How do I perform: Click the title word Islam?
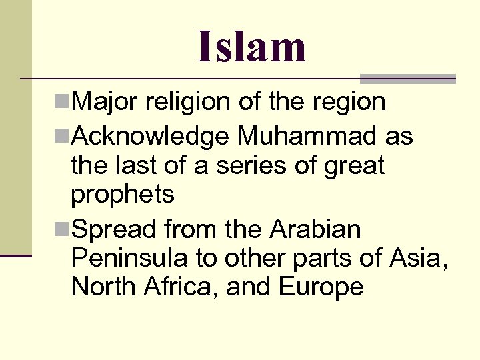[x=251, y=47]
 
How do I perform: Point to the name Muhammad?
[x=307, y=137]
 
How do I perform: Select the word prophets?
[x=123, y=195]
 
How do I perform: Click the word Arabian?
[x=315, y=230]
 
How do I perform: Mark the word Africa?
[x=181, y=287]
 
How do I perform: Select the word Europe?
[x=321, y=287]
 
